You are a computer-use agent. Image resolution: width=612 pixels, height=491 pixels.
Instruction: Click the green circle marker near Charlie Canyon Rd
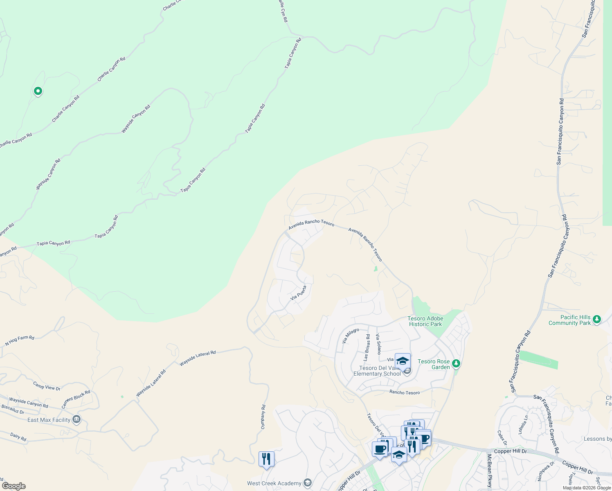tap(38, 91)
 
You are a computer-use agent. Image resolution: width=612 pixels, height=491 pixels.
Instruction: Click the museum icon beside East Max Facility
tap(76, 419)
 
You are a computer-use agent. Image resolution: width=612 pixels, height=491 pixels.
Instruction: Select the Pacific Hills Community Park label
tap(569, 320)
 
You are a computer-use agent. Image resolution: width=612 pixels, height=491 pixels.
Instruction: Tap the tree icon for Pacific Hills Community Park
tap(597, 319)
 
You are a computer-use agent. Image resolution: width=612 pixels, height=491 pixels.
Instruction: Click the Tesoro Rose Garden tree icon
tap(457, 363)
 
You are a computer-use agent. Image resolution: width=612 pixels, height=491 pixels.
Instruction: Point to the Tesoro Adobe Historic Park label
tap(425, 321)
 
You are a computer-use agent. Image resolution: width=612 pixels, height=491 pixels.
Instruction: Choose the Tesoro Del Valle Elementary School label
tap(377, 371)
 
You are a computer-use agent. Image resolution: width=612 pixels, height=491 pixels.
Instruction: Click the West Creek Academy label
tap(274, 483)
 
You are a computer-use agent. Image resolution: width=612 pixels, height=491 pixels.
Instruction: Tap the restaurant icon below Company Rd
tap(266, 459)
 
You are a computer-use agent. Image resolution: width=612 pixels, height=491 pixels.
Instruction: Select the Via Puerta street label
tap(298, 293)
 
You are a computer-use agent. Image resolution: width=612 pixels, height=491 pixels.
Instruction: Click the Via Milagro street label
tap(351, 336)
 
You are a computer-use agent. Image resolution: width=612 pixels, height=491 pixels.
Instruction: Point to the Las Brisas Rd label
tap(367, 347)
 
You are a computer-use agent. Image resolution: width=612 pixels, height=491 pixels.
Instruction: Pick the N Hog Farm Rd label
tap(20, 340)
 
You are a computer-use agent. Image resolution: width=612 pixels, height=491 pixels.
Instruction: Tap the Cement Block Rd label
tap(76, 399)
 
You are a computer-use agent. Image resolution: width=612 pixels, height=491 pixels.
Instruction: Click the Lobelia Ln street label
tap(523, 425)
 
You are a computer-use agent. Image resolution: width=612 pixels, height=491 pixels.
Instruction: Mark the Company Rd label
tap(263, 417)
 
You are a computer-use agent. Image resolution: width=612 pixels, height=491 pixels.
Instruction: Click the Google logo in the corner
tap(13, 486)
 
